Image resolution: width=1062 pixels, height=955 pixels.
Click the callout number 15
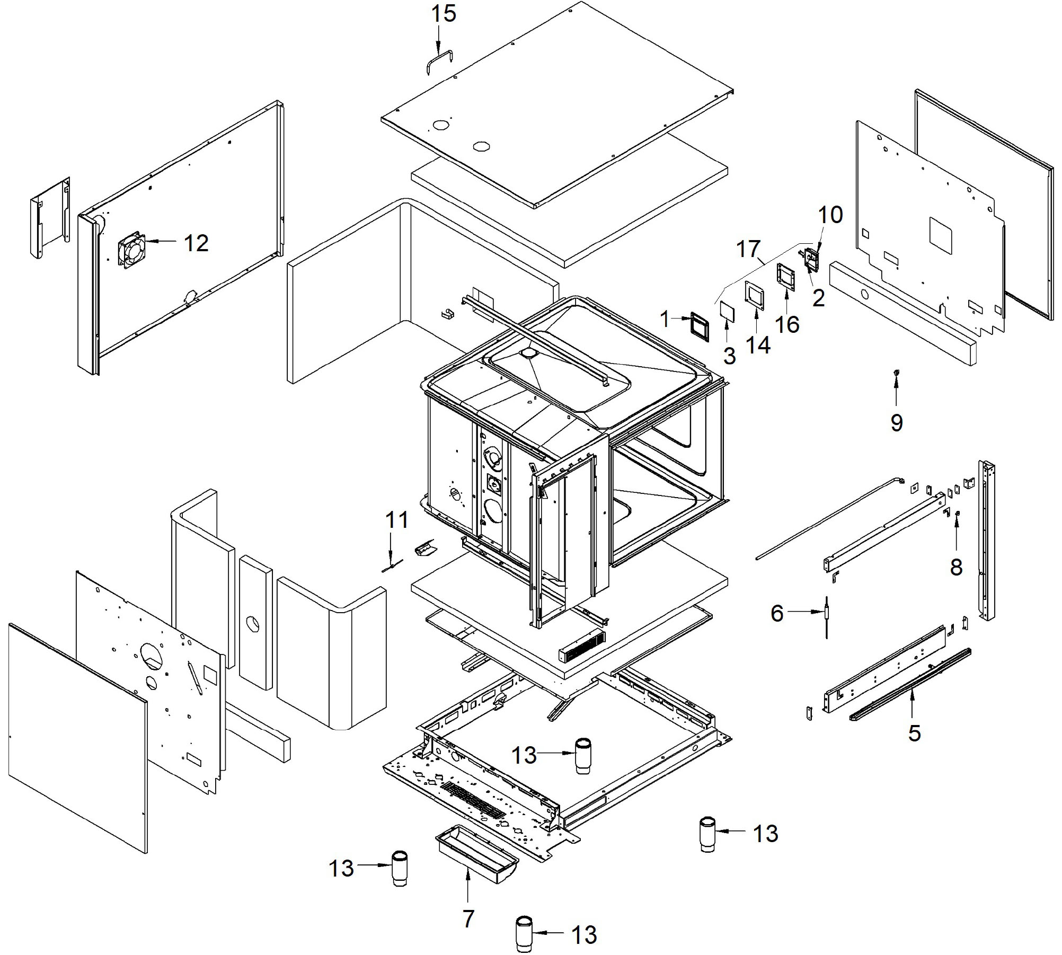(x=444, y=14)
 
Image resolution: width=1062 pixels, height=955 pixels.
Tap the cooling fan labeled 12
(x=131, y=249)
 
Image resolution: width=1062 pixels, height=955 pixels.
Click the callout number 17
(x=748, y=249)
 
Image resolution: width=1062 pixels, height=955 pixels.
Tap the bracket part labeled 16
(x=787, y=277)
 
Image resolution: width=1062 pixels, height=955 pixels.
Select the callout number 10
(x=830, y=215)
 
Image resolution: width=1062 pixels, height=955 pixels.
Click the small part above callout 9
(x=896, y=374)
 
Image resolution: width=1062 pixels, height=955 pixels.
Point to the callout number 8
(x=956, y=567)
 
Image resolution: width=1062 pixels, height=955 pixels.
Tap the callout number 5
(x=914, y=733)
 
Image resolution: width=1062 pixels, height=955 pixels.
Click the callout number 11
(x=396, y=520)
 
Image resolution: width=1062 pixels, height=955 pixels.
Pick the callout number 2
(x=819, y=299)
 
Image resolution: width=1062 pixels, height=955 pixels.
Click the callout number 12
(x=196, y=243)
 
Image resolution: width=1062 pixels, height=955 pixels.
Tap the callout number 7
(x=468, y=919)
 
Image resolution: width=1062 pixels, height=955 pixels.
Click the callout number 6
(x=777, y=613)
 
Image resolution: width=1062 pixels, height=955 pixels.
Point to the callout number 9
(x=896, y=423)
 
